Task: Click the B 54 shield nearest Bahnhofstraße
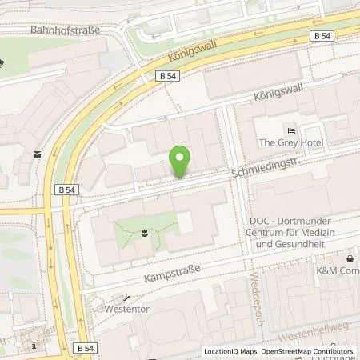tap(166, 74)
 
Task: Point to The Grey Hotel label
tap(289, 143)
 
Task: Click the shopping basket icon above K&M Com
tap(350, 259)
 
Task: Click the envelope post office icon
tap(38, 153)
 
